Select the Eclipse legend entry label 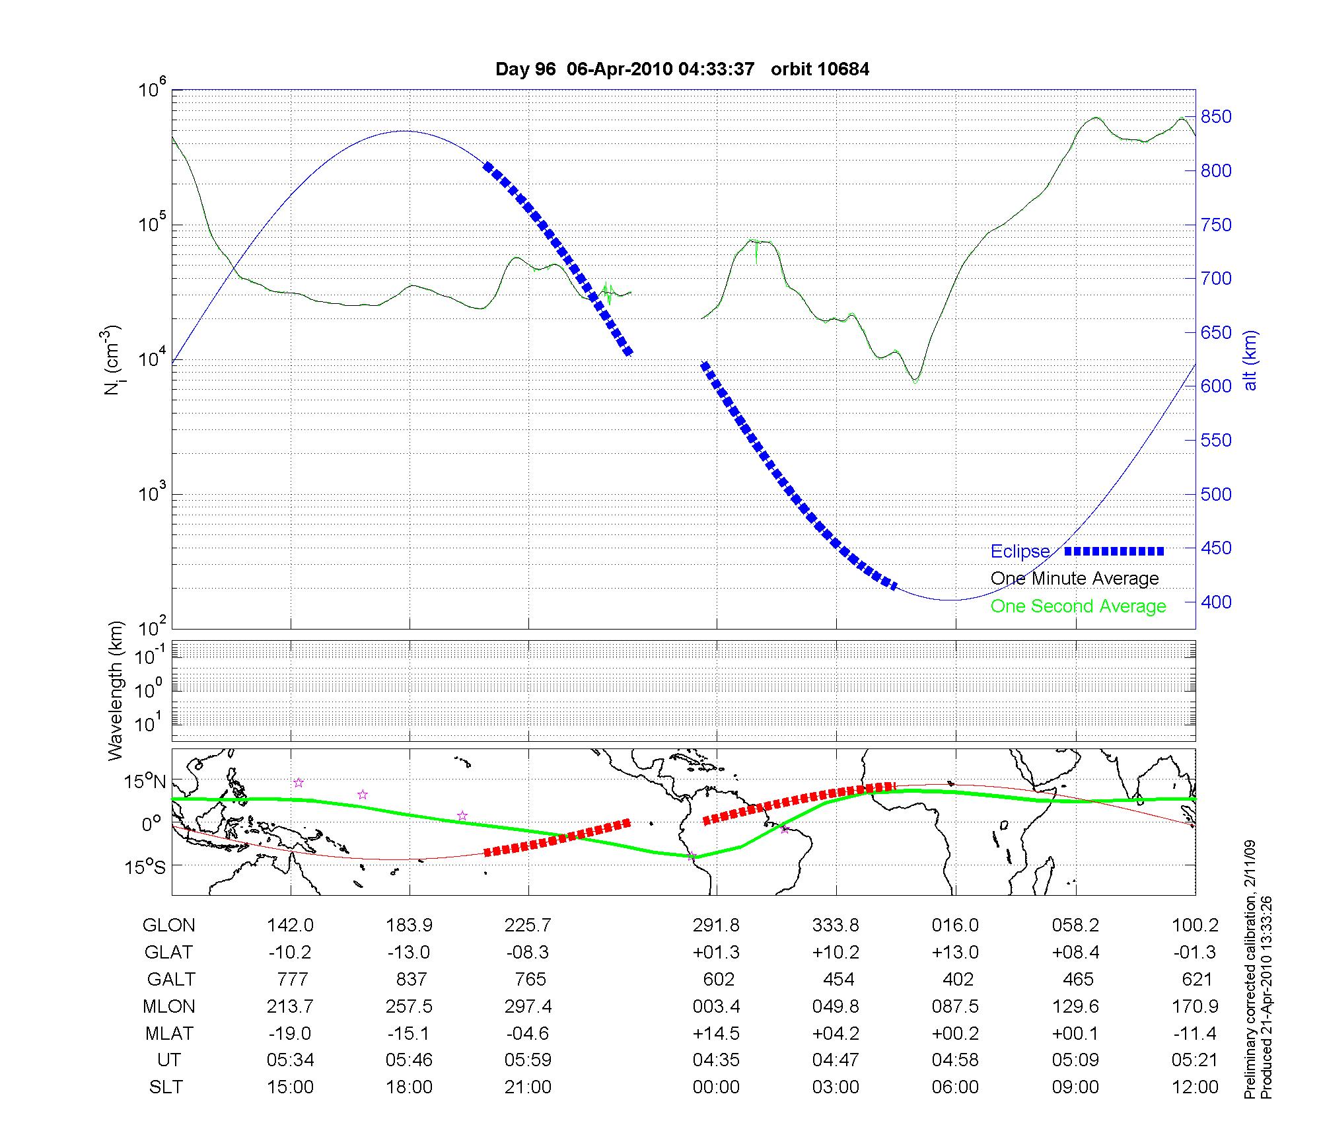click(1020, 552)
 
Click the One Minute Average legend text click(1075, 579)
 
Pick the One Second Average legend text click(1078, 606)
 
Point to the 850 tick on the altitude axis click(1215, 118)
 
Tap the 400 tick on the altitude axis click(1215, 602)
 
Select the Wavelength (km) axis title click(116, 691)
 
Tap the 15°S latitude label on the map click(145, 867)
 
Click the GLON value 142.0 click(291, 925)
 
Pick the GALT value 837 click(411, 979)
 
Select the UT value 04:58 click(955, 1060)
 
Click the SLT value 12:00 click(1196, 1087)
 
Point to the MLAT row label click(169, 1033)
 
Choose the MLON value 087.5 click(955, 1007)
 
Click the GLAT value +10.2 click(836, 953)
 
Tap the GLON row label click(169, 925)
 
